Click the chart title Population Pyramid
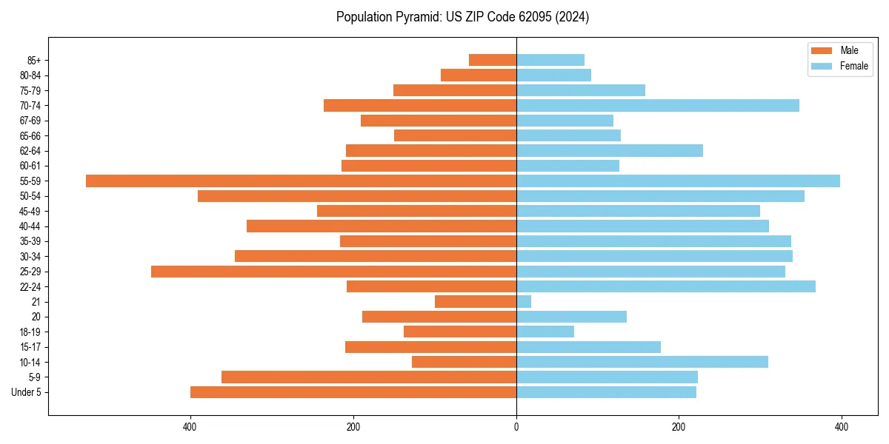pyautogui.click(x=462, y=17)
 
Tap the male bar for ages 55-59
pyautogui.click(x=301, y=181)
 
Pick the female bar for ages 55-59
pyautogui.click(x=678, y=181)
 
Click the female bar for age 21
pyautogui.click(x=524, y=302)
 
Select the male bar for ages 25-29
pyautogui.click(x=333, y=272)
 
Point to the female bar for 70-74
pyautogui.click(x=657, y=106)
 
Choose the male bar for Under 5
pyautogui.click(x=353, y=392)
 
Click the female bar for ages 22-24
pyautogui.click(x=665, y=286)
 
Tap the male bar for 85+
pyautogui.click(x=493, y=60)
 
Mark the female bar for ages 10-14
pyautogui.click(x=642, y=362)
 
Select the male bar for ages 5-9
pyautogui.click(x=369, y=377)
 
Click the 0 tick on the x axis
pyautogui.click(x=516, y=427)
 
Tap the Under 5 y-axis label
pyautogui.click(x=26, y=392)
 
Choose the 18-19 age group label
pyautogui.click(x=30, y=332)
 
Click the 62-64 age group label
pyautogui.click(x=30, y=151)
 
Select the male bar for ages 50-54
pyautogui.click(x=357, y=196)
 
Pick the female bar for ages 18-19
pyautogui.click(x=545, y=332)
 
